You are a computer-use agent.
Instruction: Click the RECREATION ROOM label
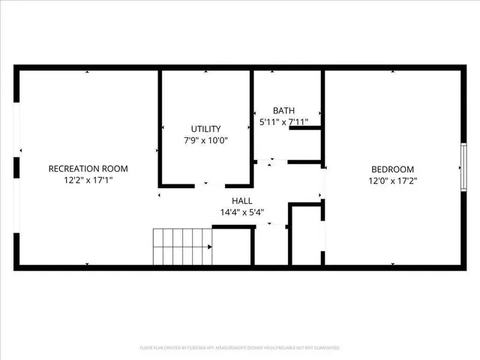point(88,169)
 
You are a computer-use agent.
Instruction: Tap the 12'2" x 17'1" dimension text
point(88,180)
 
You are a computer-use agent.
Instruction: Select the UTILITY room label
point(205,128)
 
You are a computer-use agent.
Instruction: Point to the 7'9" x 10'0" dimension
point(205,139)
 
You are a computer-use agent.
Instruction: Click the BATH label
point(283,110)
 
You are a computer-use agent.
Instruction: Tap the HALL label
point(241,201)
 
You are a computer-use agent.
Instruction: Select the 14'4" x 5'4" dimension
point(241,212)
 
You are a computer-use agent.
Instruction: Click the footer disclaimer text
point(240,348)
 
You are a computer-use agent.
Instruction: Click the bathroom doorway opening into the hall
point(271,161)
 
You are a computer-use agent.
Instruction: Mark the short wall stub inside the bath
point(305,128)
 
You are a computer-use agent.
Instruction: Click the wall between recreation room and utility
point(160,127)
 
